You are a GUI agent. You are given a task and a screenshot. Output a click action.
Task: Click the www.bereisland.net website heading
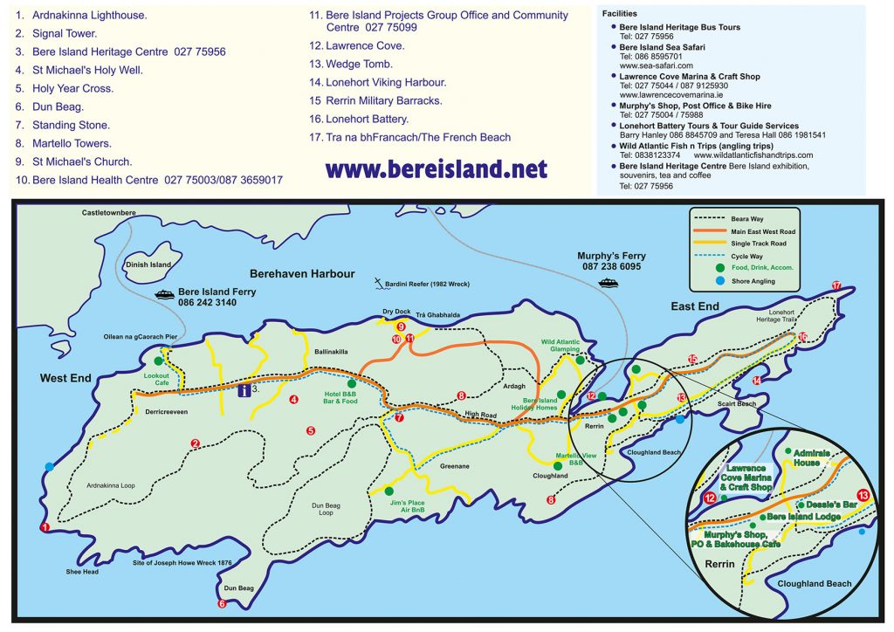(x=437, y=168)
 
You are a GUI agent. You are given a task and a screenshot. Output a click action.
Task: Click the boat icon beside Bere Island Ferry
(x=164, y=294)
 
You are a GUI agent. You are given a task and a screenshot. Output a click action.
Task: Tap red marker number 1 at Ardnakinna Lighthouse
(x=45, y=527)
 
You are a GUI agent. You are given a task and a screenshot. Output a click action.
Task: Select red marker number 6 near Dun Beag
(x=222, y=603)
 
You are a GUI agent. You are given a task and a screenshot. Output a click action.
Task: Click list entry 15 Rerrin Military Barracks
(x=375, y=100)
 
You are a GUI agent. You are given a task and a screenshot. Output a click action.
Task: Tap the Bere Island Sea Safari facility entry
(x=662, y=47)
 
